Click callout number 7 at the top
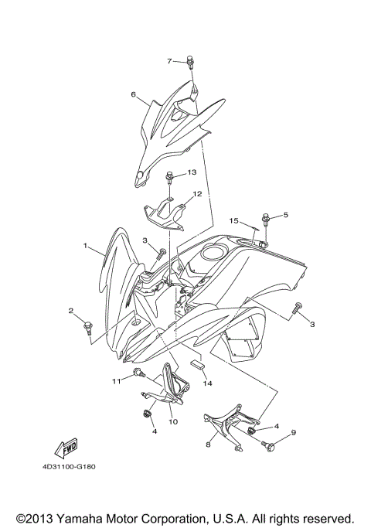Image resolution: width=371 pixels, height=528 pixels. point(169,60)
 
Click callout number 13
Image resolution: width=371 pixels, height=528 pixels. point(192,172)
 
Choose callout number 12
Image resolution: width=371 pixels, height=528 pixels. point(198,195)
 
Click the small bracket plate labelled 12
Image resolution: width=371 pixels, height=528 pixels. point(164,212)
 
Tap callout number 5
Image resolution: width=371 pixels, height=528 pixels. point(285,215)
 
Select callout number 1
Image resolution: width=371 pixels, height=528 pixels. point(87,245)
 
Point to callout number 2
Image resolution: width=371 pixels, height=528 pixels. point(71,312)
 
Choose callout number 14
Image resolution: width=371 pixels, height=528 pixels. point(207,383)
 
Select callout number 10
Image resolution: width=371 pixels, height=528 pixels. point(172,422)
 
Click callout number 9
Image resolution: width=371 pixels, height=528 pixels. point(293,432)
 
